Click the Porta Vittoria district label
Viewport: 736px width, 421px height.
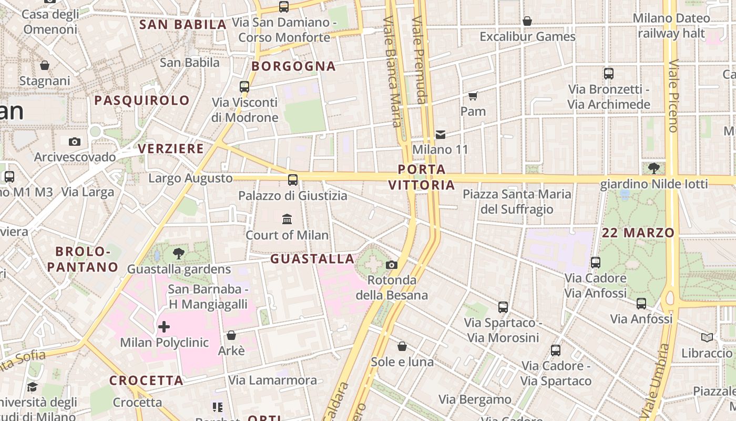pos(422,177)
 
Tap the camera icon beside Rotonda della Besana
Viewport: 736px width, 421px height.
pos(392,265)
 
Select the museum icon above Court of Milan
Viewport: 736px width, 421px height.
pos(287,219)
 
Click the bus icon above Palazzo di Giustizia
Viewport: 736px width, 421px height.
pos(293,180)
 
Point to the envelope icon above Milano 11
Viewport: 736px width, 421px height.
pos(441,135)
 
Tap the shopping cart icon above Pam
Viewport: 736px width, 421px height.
pos(473,96)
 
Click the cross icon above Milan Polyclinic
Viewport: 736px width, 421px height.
pos(164,327)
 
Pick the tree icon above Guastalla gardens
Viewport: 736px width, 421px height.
pos(179,254)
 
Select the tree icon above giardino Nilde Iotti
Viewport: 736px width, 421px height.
pos(654,168)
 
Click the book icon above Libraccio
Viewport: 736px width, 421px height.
pos(707,337)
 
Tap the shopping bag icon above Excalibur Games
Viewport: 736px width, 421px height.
pos(527,21)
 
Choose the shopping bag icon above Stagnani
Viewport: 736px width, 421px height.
pos(45,65)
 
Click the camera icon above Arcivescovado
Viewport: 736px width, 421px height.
pos(75,142)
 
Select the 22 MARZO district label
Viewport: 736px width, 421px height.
pos(638,233)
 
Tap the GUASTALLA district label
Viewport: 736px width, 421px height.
pos(312,259)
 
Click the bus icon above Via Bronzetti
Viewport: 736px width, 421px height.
pos(609,74)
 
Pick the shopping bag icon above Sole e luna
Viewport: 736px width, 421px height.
pos(402,346)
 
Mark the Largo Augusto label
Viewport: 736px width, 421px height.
pos(190,178)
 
